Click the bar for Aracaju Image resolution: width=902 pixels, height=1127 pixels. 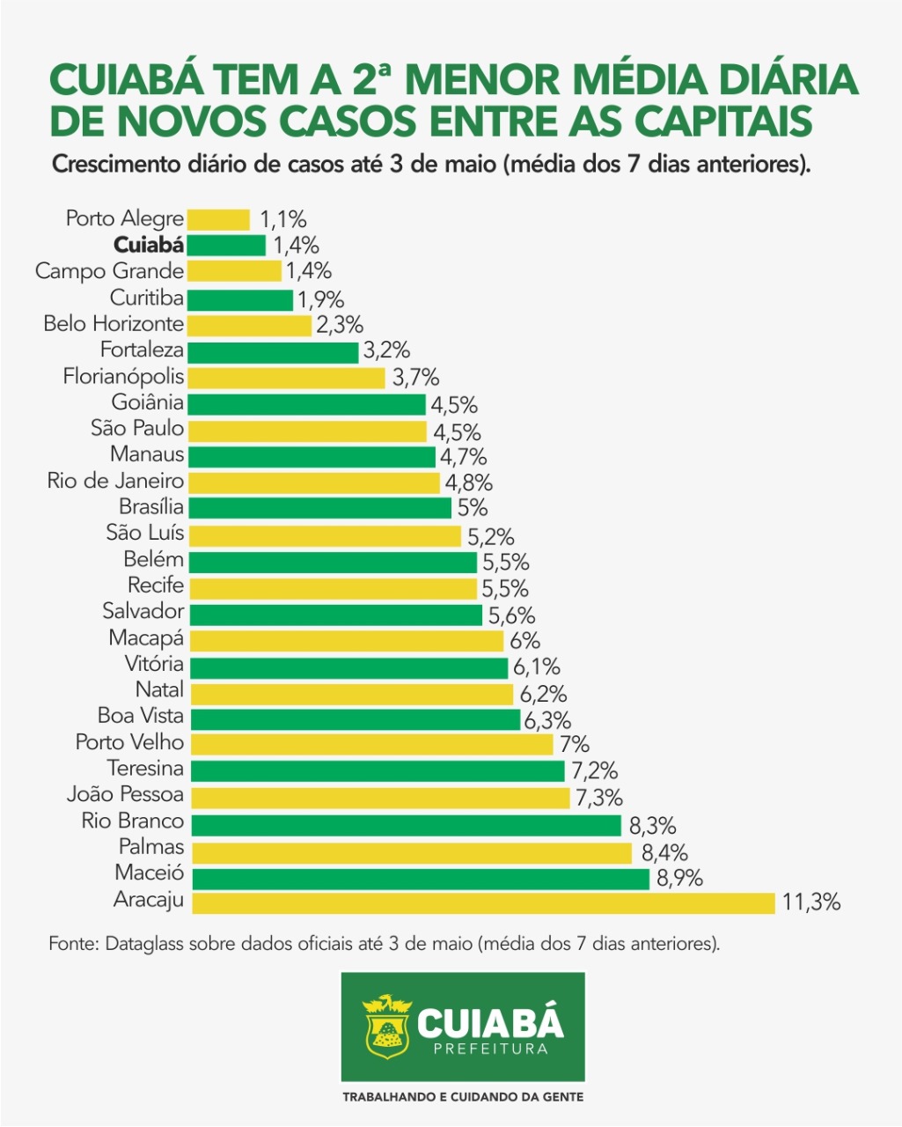pyautogui.click(x=482, y=902)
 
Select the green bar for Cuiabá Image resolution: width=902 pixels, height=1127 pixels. pyautogui.click(x=226, y=246)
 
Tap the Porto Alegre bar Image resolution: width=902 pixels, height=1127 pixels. pyautogui.click(x=218, y=219)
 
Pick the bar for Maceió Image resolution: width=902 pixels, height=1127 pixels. pyautogui.click(x=420, y=878)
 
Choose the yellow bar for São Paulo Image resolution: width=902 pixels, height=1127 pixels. pyautogui.click(x=307, y=431)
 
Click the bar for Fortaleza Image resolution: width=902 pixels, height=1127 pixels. pyautogui.click(x=274, y=352)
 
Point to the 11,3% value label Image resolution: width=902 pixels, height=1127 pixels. pyautogui.click(x=810, y=902)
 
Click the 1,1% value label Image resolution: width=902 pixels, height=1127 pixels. pyautogui.click(x=283, y=219)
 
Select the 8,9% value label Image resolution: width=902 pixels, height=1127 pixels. pyautogui.click(x=678, y=878)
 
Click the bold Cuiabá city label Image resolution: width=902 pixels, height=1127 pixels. pyautogui.click(x=149, y=246)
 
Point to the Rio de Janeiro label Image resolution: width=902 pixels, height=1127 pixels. pyautogui.click(x=115, y=482)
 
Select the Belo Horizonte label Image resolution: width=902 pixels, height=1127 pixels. pyautogui.click(x=114, y=324)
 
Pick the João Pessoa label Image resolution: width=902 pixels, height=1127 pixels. pyautogui.click(x=125, y=795)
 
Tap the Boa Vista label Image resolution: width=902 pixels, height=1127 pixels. pyautogui.click(x=141, y=716)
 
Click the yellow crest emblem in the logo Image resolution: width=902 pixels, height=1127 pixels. pyautogui.click(x=386, y=1027)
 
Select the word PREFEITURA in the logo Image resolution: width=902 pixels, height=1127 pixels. pyautogui.click(x=490, y=1049)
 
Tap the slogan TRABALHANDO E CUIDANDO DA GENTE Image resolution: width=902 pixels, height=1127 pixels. pyautogui.click(x=463, y=1097)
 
